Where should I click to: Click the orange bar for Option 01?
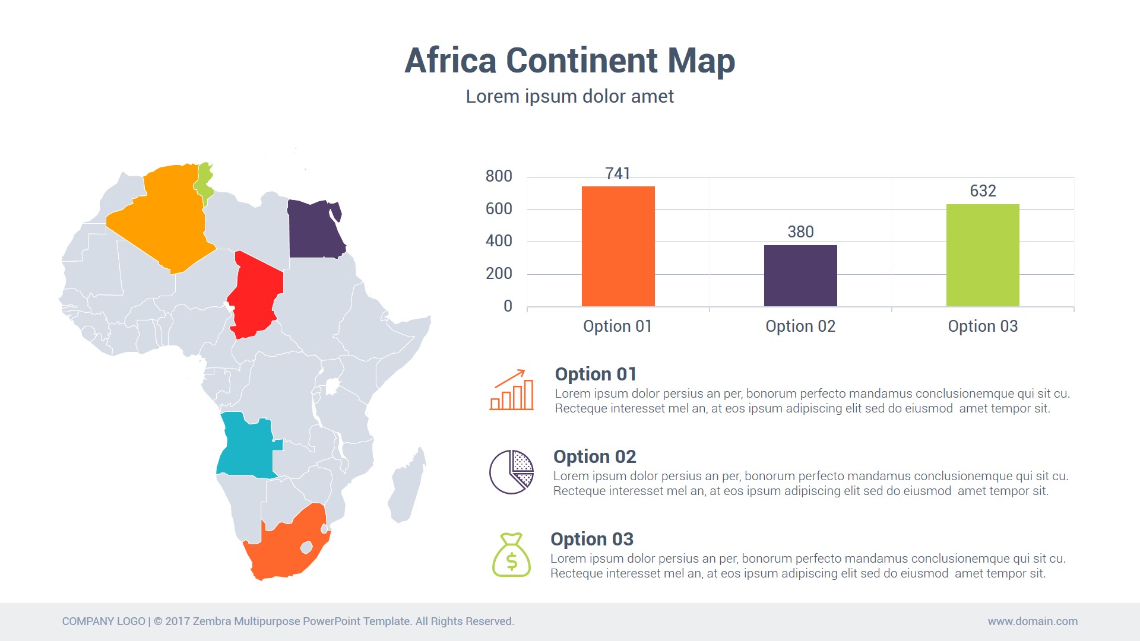tap(618, 246)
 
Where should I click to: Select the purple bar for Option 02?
tap(800, 275)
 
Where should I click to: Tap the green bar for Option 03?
tap(983, 255)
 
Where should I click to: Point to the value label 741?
tap(617, 174)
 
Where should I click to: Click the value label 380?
tap(800, 232)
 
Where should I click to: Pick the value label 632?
tap(983, 191)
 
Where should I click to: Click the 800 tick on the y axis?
tap(499, 176)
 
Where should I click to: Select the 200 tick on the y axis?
tap(499, 274)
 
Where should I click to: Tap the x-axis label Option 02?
tap(800, 326)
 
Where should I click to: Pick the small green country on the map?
tap(204, 183)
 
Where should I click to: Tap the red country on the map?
tap(255, 294)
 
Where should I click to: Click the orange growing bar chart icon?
tap(511, 390)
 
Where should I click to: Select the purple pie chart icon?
tap(511, 472)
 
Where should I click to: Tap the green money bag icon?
tap(511, 555)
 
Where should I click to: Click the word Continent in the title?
tap(582, 61)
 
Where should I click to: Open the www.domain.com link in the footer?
tap(1033, 621)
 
